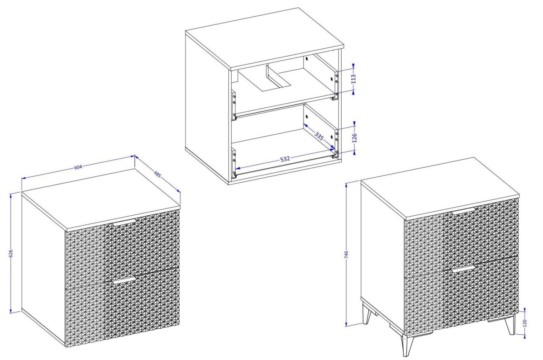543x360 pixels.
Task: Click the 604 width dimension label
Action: (78, 167)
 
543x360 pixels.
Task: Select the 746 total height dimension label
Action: (346, 255)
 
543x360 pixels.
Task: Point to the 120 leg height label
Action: (525, 323)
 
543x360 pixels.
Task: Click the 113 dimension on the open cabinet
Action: (353, 79)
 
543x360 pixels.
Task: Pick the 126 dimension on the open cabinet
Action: (354, 138)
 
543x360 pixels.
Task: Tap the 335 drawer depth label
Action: (319, 136)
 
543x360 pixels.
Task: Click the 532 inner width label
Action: (285, 159)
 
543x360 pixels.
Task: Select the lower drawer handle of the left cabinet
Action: (124, 280)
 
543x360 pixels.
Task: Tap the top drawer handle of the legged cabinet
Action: (463, 210)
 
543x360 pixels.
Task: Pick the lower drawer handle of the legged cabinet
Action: (463, 268)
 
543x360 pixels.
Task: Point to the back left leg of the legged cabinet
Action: (367, 314)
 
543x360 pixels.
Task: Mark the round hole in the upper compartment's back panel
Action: (307, 59)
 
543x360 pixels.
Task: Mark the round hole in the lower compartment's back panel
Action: (307, 117)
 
